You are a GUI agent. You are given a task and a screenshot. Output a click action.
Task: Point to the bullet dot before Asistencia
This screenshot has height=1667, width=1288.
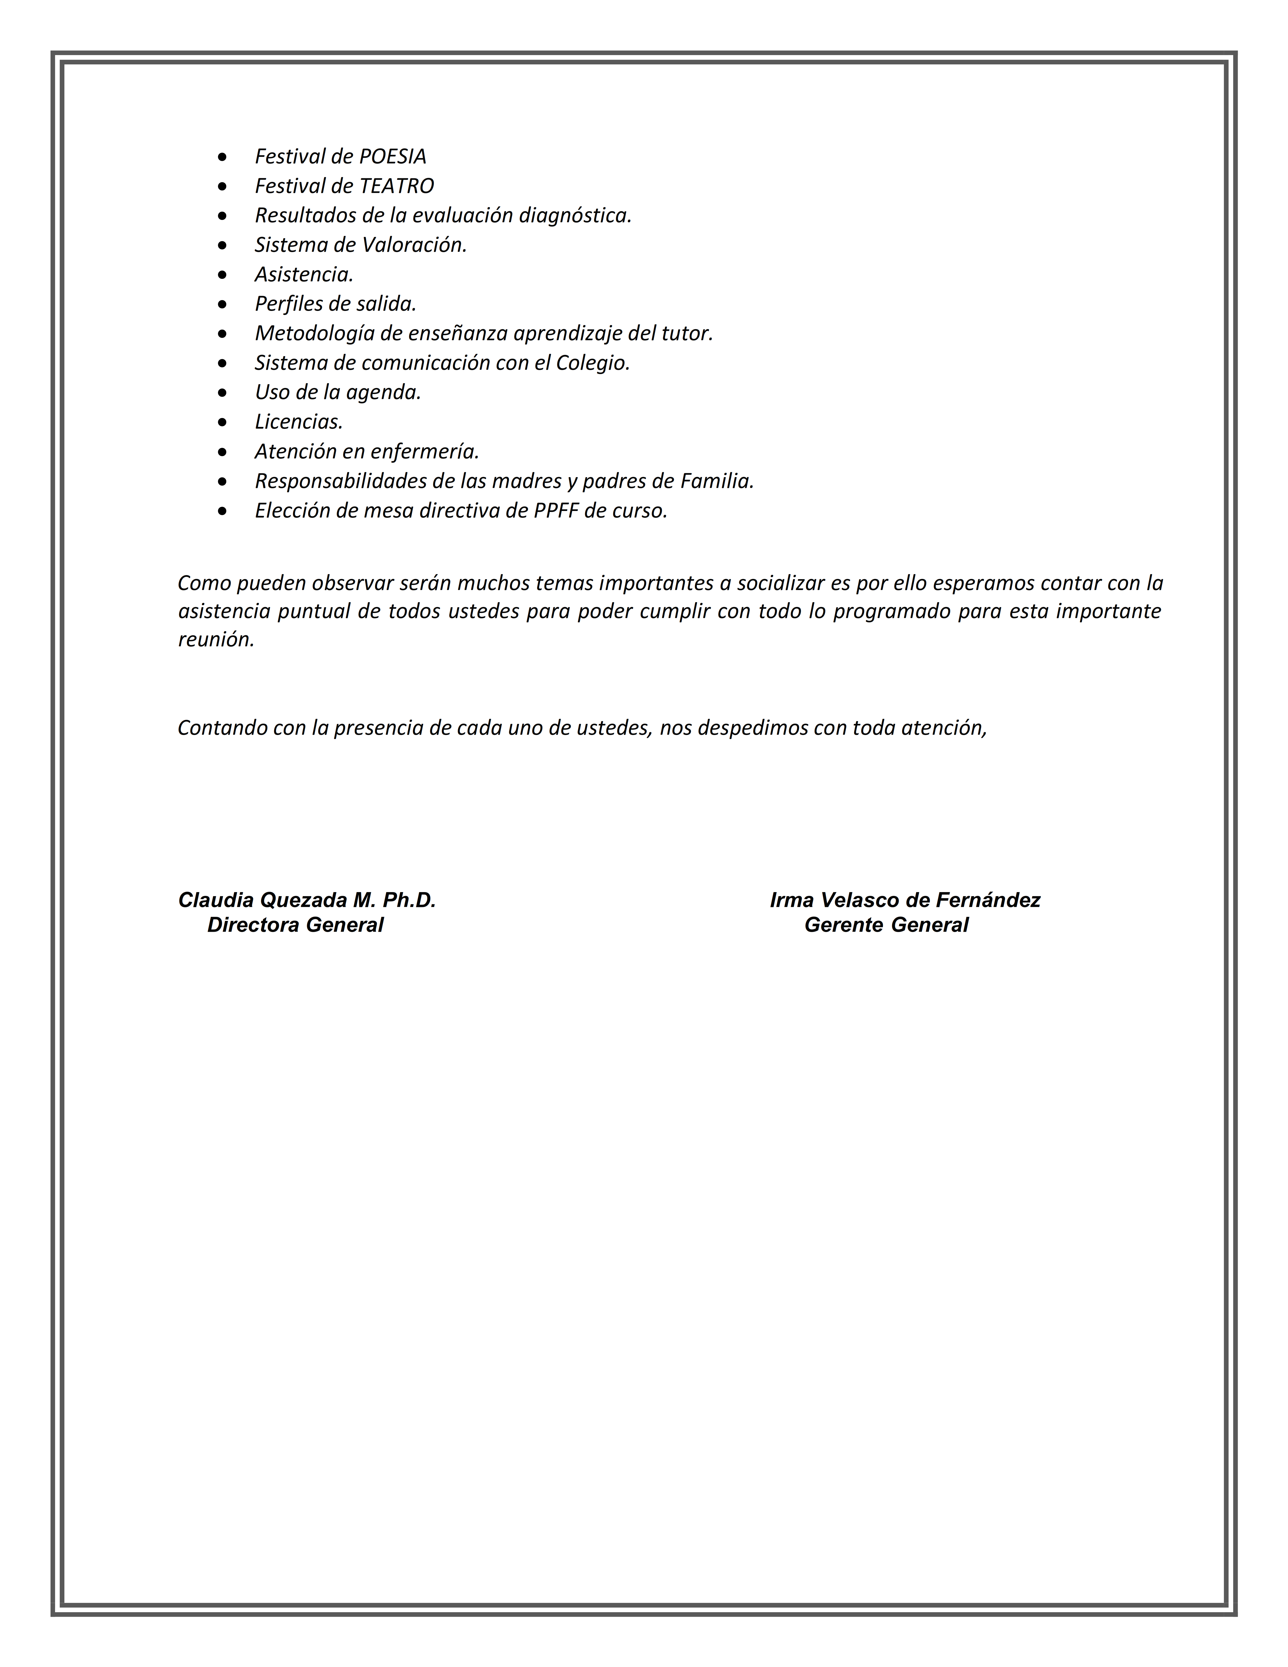[x=222, y=275]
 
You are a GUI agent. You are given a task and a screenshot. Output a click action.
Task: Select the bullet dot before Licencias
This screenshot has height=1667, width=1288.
[x=222, y=422]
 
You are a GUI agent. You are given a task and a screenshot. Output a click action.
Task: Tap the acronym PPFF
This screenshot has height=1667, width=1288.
[x=556, y=511]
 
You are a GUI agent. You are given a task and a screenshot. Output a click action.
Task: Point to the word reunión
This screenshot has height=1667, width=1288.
[x=216, y=640]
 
